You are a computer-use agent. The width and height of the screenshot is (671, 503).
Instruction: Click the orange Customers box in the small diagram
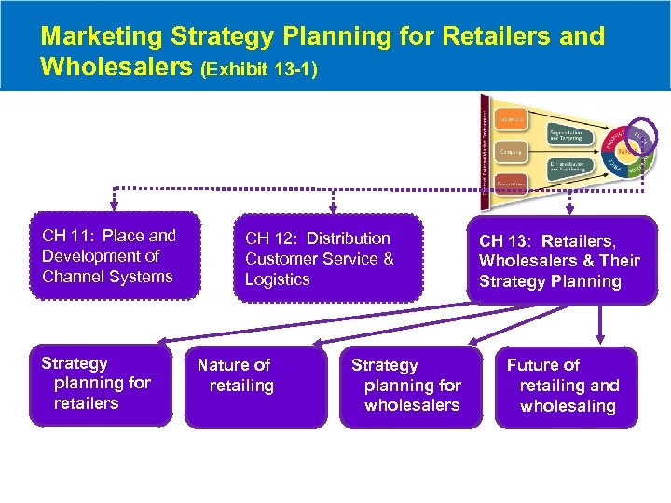coord(510,119)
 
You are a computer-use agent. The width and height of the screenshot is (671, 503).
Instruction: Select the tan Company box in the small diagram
coord(510,151)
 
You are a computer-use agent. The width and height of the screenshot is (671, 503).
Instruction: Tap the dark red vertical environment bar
coord(484,149)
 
